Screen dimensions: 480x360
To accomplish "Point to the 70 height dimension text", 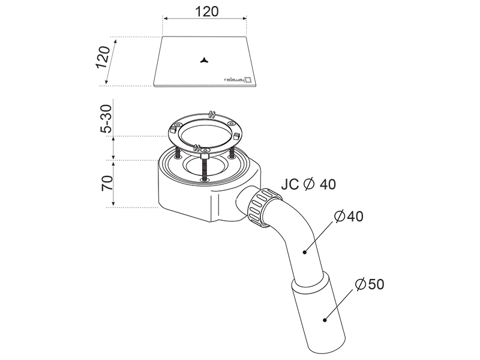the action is click(x=107, y=183).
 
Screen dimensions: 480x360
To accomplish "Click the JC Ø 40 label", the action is click(x=308, y=184).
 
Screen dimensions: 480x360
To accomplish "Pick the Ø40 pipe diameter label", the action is click(x=349, y=217).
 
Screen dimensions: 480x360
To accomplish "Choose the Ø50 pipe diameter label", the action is click(x=370, y=284).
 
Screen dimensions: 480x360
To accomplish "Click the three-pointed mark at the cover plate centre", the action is click(x=205, y=61).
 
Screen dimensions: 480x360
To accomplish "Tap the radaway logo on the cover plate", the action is click(x=238, y=79).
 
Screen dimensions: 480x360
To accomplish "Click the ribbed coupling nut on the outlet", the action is click(x=265, y=208).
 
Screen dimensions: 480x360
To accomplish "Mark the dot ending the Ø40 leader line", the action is click(x=305, y=252).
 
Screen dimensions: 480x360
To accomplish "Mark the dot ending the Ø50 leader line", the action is click(x=325, y=320).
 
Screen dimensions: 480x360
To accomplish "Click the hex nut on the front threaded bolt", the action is click(x=204, y=157).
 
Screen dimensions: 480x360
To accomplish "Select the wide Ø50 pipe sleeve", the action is click(x=319, y=311).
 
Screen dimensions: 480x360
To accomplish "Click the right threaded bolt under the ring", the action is click(x=232, y=152).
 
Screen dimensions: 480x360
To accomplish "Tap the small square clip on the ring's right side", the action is click(x=236, y=136).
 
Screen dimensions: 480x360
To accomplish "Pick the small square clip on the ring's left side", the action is click(x=172, y=130).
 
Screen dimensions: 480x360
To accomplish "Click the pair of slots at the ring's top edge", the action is click(x=211, y=114).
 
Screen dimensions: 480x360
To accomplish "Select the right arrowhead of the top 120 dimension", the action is click(x=245, y=19).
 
